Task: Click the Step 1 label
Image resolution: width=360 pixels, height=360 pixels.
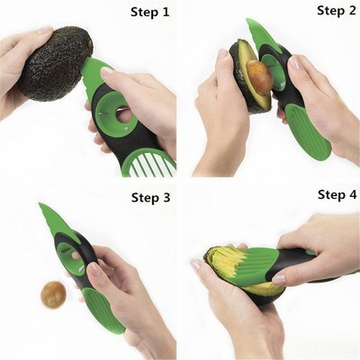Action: pyautogui.click(x=149, y=13)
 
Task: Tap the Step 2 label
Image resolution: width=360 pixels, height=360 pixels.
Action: pyautogui.click(x=337, y=11)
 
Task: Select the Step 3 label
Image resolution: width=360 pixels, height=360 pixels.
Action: pyautogui.click(x=150, y=198)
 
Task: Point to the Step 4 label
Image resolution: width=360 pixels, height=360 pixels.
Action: pyautogui.click(x=337, y=195)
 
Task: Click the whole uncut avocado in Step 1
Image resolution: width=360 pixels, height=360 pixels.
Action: pyautogui.click(x=56, y=63)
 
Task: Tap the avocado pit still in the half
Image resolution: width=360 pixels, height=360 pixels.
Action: pyautogui.click(x=259, y=77)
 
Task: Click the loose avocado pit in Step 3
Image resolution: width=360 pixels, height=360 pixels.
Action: pyautogui.click(x=53, y=295)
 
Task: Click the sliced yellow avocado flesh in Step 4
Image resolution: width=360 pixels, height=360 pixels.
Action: pyautogui.click(x=228, y=260)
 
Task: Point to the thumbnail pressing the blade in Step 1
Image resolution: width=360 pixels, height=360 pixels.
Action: pyautogui.click(x=106, y=72)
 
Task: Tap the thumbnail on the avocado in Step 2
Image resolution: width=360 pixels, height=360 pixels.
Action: pyautogui.click(x=222, y=53)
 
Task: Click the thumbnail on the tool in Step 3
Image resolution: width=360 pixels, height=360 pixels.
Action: pyautogui.click(x=94, y=268)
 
